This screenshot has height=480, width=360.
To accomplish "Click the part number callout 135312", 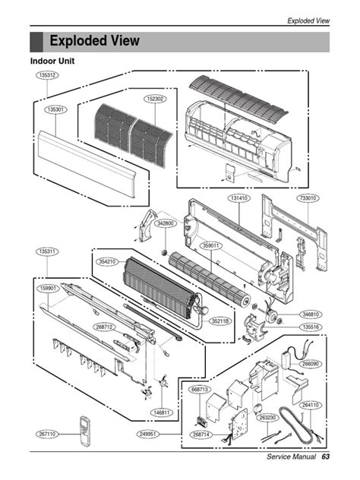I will coord(46,76).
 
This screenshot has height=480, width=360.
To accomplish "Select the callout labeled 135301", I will coord(55,109).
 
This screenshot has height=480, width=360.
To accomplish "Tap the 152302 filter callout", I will coord(155,99).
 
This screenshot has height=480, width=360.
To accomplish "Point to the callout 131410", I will coord(239,198).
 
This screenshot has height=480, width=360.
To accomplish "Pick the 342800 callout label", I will coord(165,223).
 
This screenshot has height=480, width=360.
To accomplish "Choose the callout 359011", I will coord(211,245).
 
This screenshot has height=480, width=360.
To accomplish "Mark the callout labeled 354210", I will coord(107,261).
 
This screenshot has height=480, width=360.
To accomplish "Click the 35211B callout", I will coord(222,321).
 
